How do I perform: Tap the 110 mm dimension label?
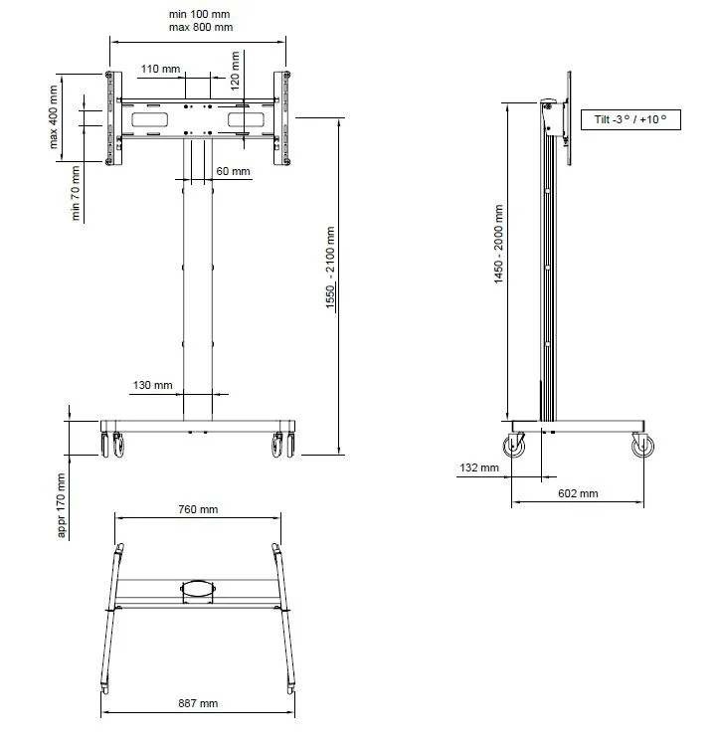pos(160,69)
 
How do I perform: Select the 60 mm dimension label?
pos(233,171)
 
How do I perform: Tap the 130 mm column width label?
pos(152,385)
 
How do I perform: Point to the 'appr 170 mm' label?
pos(62,505)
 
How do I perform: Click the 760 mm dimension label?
pos(198,509)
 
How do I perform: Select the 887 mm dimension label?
pos(197,703)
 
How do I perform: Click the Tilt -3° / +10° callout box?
pos(629,120)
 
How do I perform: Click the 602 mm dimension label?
pos(578,492)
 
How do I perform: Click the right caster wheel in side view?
pos(642,449)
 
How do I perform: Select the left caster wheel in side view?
pos(516,449)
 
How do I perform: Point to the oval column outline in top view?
pos(197,588)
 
